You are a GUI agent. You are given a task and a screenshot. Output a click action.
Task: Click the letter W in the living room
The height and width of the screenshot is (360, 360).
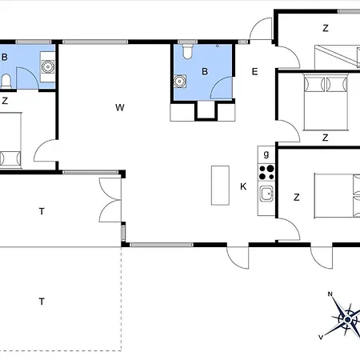120,107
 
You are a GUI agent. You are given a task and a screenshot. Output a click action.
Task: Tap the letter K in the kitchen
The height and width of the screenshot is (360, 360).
243,186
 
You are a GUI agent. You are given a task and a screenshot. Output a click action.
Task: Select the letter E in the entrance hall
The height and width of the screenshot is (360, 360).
254,71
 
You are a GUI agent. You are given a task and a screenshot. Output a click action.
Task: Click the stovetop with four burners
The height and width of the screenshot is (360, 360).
266,172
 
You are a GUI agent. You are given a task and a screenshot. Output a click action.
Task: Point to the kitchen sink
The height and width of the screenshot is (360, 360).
266,194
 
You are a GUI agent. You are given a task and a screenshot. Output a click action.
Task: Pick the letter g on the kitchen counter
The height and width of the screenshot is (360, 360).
266,154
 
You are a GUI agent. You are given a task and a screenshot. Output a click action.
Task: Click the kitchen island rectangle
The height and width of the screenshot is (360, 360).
220,186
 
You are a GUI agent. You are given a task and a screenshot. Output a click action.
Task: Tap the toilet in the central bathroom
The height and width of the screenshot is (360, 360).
188,52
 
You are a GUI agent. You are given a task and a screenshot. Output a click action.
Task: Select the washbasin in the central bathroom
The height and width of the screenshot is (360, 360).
180,81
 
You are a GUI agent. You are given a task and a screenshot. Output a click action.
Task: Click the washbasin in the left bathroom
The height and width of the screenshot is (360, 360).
48,66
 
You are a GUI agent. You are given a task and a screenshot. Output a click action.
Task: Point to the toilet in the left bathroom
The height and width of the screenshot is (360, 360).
6,82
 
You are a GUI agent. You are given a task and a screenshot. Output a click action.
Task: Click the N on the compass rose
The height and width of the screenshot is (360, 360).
330,294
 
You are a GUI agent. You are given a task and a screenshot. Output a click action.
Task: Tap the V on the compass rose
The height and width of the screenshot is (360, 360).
321,337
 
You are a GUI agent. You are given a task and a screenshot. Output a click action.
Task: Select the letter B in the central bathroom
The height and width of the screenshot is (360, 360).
205,71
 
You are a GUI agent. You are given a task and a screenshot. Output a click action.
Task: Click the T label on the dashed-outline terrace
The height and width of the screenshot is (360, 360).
42,302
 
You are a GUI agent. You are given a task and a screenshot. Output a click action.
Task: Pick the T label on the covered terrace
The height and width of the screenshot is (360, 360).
42,211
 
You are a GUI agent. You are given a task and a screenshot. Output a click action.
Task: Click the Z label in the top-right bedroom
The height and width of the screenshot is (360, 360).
326,28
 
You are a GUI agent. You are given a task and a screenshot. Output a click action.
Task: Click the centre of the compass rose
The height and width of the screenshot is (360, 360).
347,319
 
